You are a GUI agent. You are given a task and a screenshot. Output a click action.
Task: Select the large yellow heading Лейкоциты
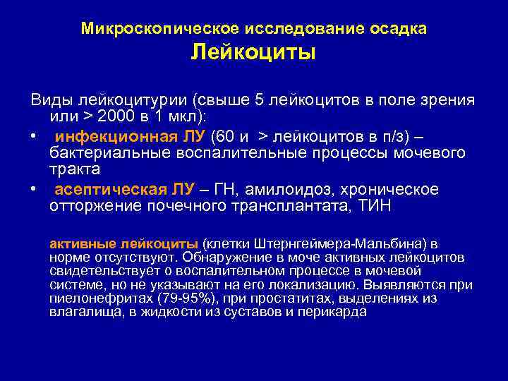pos(253,54)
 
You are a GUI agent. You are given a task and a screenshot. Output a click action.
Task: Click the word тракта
pos(75,170)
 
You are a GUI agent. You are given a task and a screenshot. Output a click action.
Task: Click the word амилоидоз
pos(290,190)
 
